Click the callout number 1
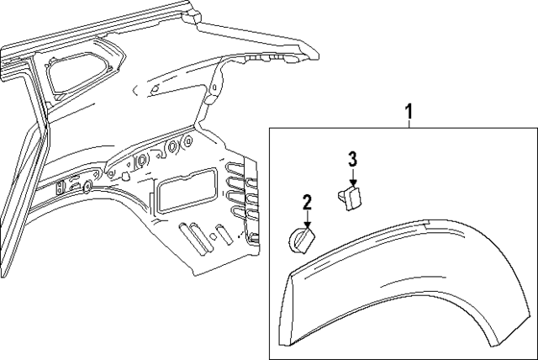pyautogui.click(x=409, y=109)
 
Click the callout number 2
pyautogui.click(x=307, y=201)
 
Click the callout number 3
pyautogui.click(x=352, y=158)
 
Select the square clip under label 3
pyautogui.click(x=351, y=198)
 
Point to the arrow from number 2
pyautogui.click(x=307, y=218)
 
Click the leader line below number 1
pyautogui.click(x=409, y=122)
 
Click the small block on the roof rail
pyautogui.click(x=192, y=15)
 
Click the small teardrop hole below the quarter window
pyautogui.click(x=156, y=87)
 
